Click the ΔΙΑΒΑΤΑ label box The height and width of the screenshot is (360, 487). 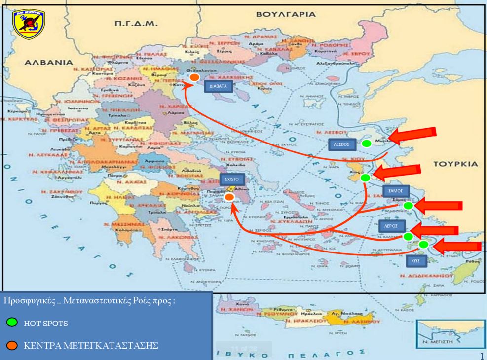coord(217,85)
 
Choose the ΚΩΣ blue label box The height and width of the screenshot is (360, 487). coord(413,260)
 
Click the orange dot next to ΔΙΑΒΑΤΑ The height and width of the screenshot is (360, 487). coord(194,78)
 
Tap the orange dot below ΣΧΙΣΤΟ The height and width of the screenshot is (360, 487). coord(229,197)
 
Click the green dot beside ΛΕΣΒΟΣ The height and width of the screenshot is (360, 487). coord(366,144)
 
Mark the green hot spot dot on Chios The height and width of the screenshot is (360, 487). coord(365,178)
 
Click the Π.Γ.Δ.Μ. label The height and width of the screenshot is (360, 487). coord(135,23)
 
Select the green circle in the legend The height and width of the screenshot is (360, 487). coord(12,323)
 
